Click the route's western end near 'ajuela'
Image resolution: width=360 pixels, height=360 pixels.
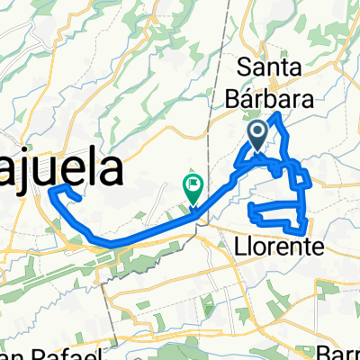52,189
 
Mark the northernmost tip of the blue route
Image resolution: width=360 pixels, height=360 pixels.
280,115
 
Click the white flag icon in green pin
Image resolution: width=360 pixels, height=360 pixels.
193,185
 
